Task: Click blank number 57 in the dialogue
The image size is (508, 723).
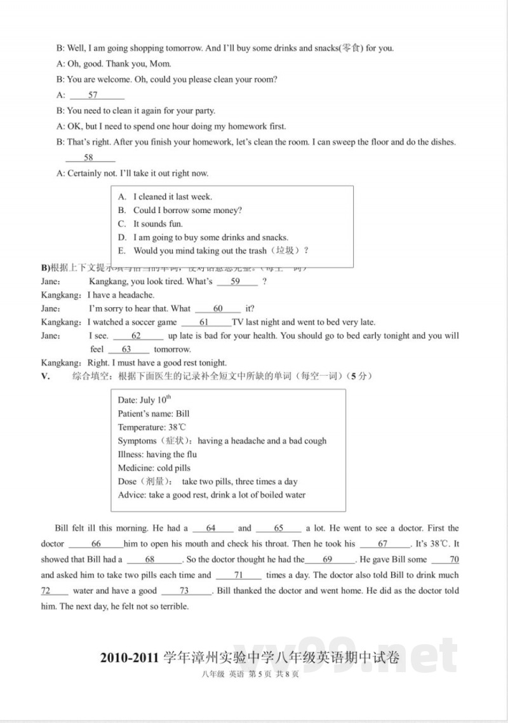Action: [x=93, y=95]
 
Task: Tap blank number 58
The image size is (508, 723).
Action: [x=88, y=158]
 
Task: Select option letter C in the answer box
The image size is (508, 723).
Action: [x=123, y=224]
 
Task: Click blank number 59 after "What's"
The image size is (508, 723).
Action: [x=236, y=282]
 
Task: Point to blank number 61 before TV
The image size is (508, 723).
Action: [x=204, y=322]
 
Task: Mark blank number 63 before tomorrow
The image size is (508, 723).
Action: [x=126, y=349]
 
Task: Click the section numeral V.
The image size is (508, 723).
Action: [x=45, y=376]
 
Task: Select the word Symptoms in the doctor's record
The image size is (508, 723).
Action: [x=137, y=441]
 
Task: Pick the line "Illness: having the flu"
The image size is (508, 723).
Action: [x=157, y=455]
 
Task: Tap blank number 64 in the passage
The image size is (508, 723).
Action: [x=211, y=528]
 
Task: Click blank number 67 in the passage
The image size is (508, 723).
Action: [x=383, y=544]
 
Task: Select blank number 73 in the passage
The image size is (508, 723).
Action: [x=184, y=591]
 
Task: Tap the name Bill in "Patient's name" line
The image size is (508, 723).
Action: [x=183, y=414]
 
